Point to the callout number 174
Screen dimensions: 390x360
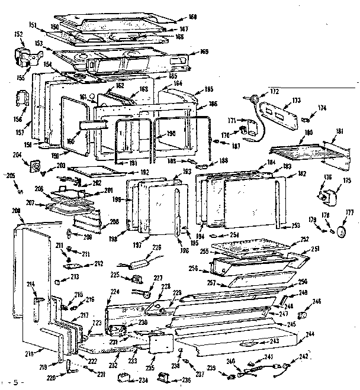[x=323, y=108]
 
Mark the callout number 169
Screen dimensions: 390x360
[x=204, y=52]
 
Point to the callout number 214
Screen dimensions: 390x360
[x=31, y=285]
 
